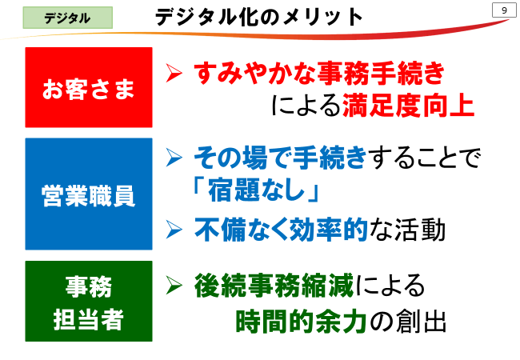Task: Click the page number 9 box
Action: pos(504,10)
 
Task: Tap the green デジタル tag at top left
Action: pos(68,18)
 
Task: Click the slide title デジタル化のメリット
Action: pos(259,17)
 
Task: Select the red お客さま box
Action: pos(89,87)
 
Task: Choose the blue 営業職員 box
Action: pos(89,194)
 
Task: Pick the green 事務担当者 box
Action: pos(89,301)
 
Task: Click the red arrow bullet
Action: pos(174,73)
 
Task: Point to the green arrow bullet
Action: pos(174,285)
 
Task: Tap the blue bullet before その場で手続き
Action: pos(174,158)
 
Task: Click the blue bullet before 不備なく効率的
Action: pos(174,230)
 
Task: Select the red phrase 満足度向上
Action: pos(408,106)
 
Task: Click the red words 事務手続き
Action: pos(381,73)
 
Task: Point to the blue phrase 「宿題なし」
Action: pos(255,190)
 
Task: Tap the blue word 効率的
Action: pos(328,230)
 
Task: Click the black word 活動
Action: pos(420,230)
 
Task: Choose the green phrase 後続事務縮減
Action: pos(274,286)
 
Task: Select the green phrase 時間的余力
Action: pos(301,322)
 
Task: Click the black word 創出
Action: pos(421,322)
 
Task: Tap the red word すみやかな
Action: pos(254,73)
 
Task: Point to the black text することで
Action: pos(425,158)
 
